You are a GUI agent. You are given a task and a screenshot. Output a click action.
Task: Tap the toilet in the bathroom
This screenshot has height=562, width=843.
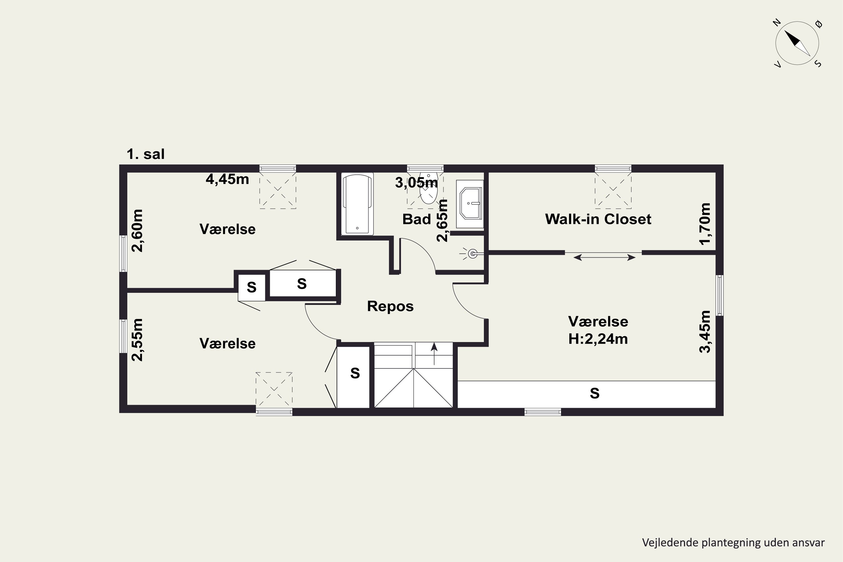(x=429, y=189)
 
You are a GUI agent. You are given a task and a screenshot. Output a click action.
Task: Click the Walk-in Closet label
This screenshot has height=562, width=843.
(x=598, y=219)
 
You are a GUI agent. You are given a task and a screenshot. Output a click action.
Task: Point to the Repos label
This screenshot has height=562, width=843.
(x=390, y=306)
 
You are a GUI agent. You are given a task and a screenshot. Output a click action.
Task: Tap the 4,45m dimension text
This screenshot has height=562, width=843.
(x=227, y=179)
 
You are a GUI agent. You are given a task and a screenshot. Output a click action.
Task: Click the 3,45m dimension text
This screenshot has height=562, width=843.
(x=705, y=332)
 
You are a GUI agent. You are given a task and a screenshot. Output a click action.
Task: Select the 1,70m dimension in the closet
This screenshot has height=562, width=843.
(x=705, y=224)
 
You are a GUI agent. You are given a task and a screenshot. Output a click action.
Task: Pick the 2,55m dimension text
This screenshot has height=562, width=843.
(x=137, y=340)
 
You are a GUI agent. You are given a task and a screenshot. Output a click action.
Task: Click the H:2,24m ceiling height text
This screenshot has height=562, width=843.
(x=598, y=339)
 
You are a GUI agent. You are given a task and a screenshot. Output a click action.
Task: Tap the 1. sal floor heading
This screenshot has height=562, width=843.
(x=146, y=154)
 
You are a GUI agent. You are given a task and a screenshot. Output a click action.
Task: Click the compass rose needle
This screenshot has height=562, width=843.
(x=797, y=43)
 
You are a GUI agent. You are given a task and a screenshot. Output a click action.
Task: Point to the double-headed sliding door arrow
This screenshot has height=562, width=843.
(x=604, y=257)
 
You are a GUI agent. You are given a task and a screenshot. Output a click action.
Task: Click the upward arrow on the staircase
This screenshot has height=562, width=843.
(x=434, y=354)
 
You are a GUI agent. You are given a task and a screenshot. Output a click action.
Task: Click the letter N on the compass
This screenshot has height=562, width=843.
(x=777, y=23)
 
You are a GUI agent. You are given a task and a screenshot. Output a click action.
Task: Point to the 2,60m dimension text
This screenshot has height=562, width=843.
(x=137, y=231)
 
